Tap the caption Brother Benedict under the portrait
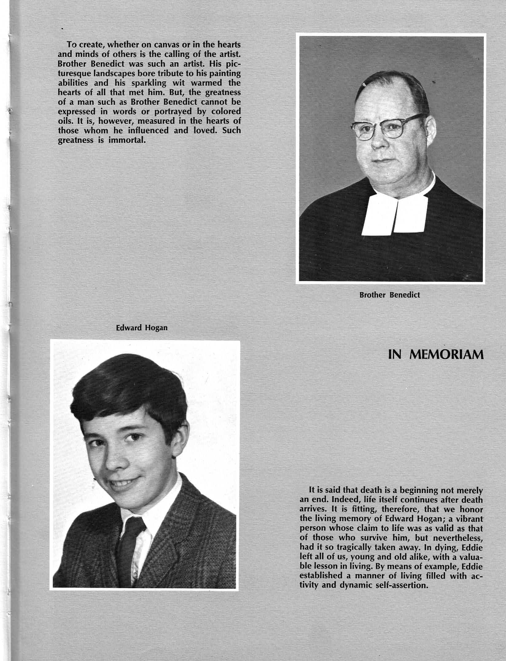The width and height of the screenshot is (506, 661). [x=390, y=295]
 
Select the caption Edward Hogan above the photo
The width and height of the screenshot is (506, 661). [x=142, y=328]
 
